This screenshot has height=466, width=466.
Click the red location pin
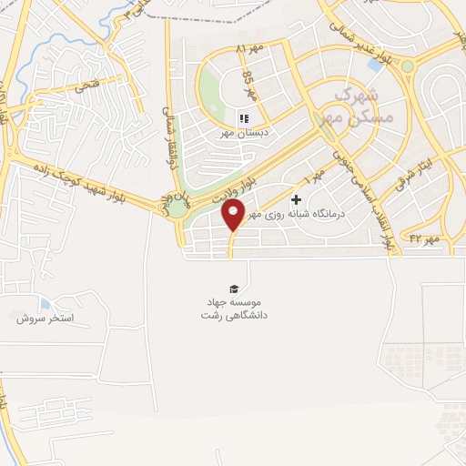pos(234,216)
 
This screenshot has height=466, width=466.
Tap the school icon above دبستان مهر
pos(243,118)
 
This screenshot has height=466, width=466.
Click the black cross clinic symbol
pos(296,200)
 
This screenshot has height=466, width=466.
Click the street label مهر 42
pos(424,238)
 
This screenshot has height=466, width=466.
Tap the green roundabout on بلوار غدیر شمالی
pos(406,66)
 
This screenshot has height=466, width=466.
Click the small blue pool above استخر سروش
pos(46,304)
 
